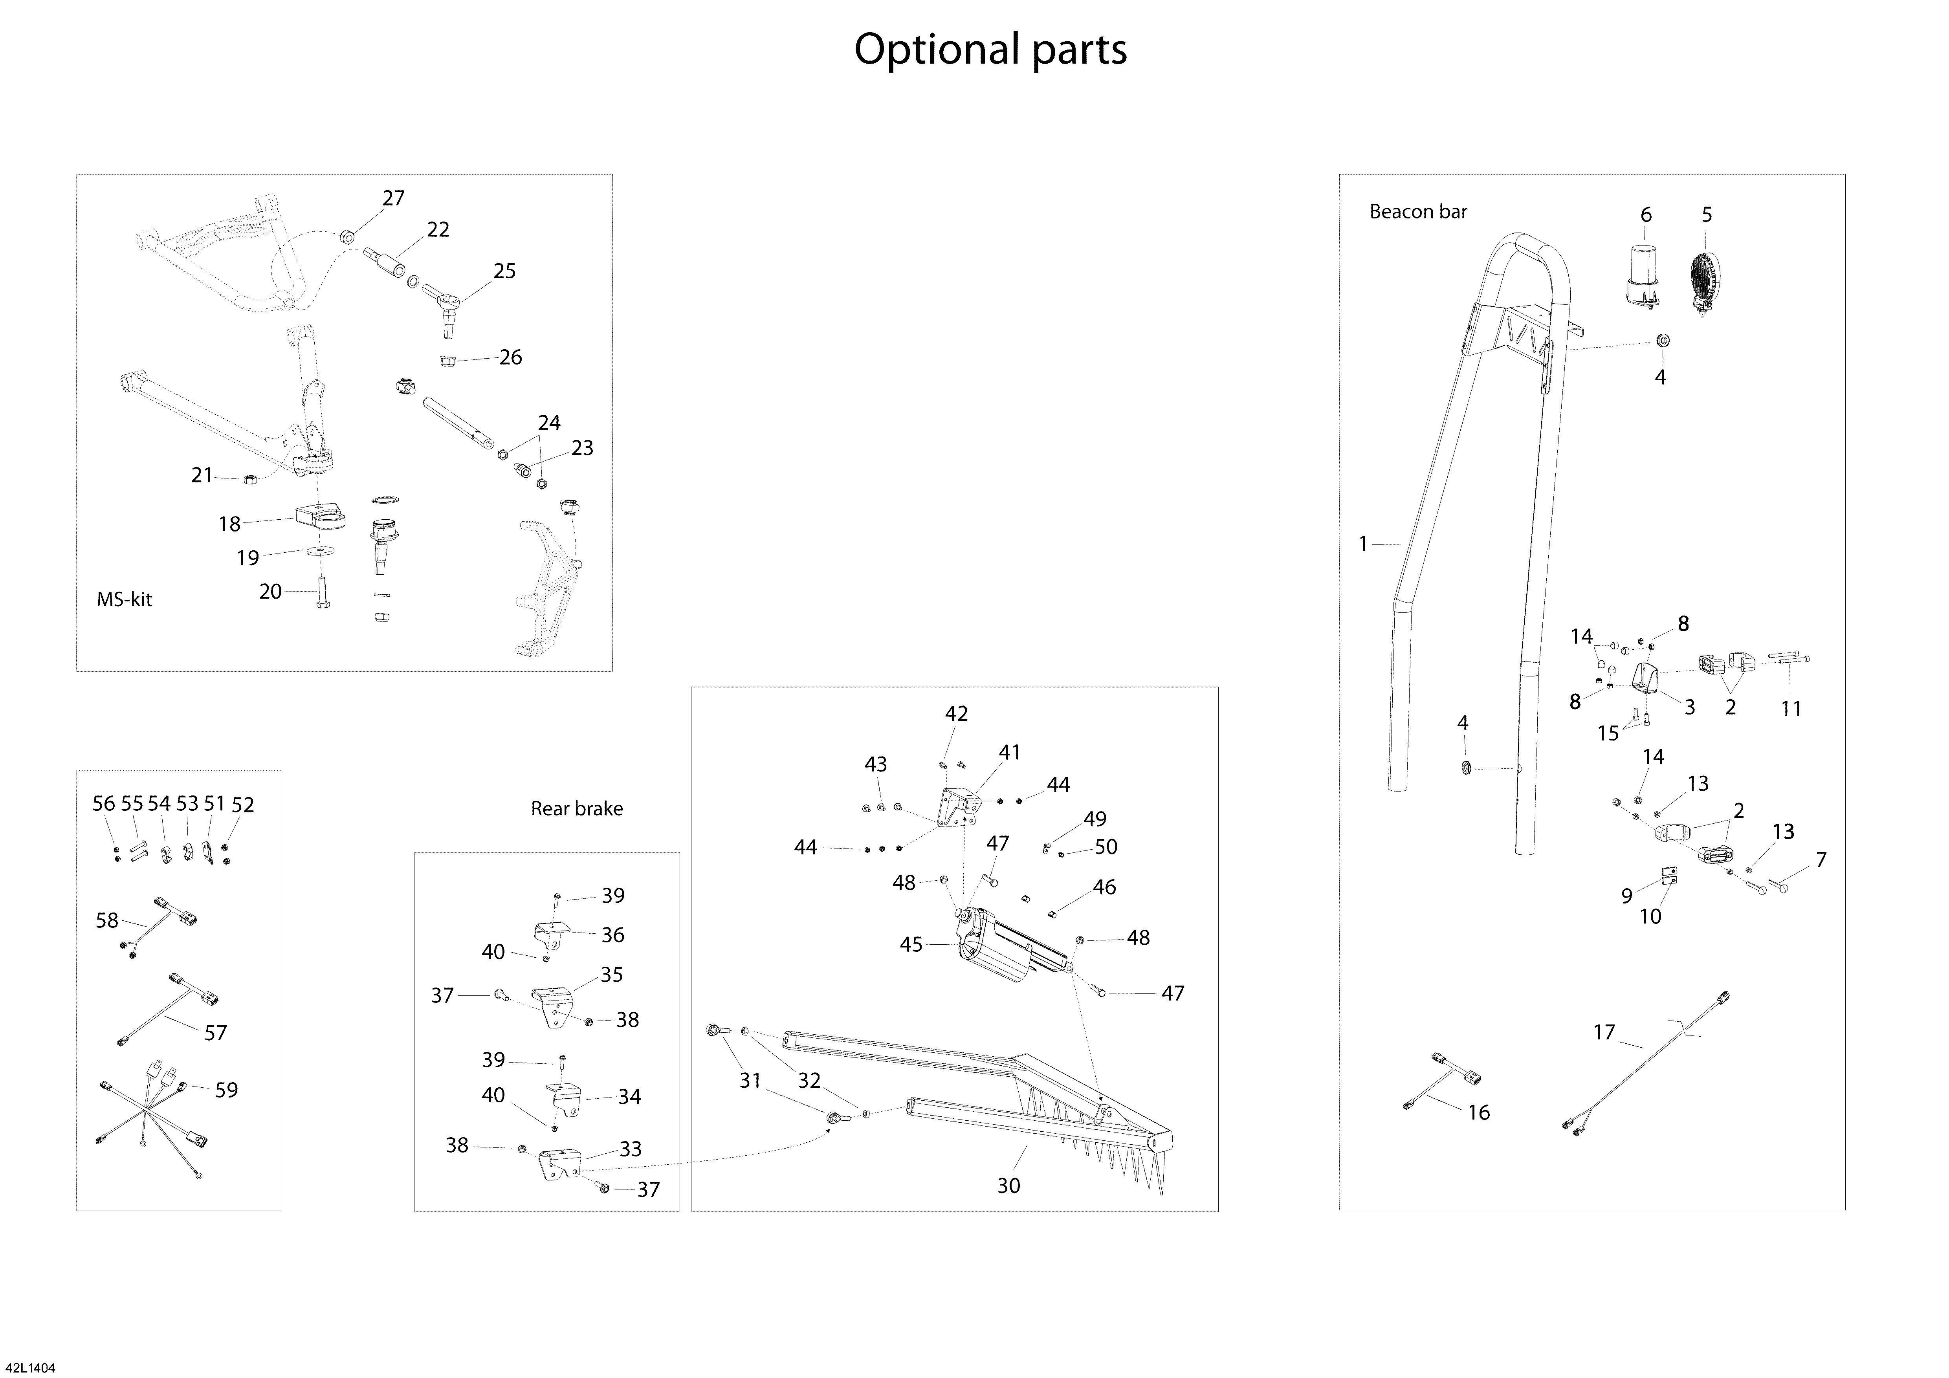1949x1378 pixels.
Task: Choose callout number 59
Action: [x=226, y=1090]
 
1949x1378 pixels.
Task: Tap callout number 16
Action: [x=1478, y=1112]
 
